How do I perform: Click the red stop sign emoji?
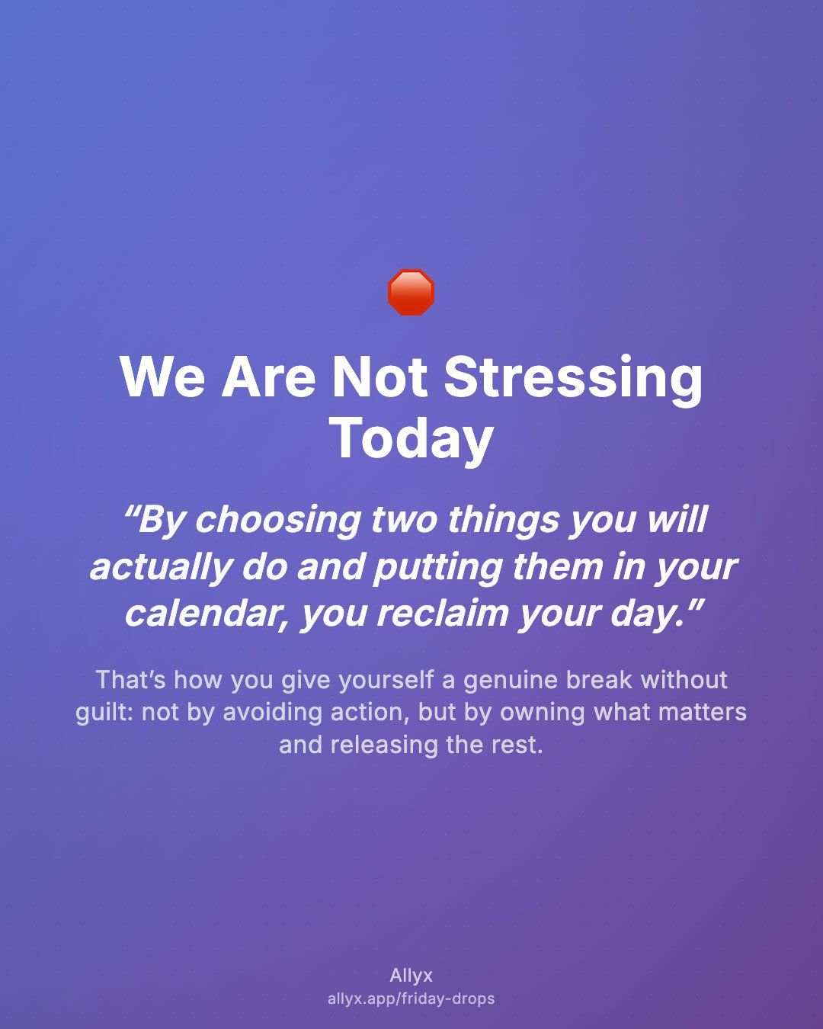(x=411, y=292)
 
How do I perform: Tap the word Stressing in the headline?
(x=573, y=380)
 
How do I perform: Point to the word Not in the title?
(x=379, y=377)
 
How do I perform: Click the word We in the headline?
(x=162, y=377)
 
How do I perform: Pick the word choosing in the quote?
(x=278, y=521)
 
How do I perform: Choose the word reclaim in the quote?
(x=442, y=614)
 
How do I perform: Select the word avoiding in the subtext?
(x=272, y=712)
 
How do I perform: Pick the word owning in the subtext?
(x=543, y=713)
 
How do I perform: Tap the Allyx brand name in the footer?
(x=411, y=976)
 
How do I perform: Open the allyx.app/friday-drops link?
(x=411, y=999)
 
